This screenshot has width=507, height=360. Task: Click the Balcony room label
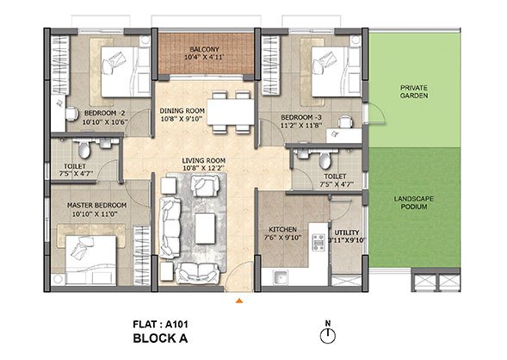click(204, 49)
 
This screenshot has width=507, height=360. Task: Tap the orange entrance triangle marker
click(239, 301)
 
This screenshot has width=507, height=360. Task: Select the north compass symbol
click(328, 336)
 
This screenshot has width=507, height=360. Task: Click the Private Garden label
click(414, 91)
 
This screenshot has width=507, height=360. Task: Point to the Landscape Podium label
click(414, 202)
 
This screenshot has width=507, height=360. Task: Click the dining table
click(231, 112)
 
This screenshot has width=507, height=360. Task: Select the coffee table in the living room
click(206, 228)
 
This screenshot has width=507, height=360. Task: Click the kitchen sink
click(281, 277)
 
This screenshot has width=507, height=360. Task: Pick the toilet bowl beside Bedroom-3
click(325, 160)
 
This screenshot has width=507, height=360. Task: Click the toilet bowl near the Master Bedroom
click(84, 150)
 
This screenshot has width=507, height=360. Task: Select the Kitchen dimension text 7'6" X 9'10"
click(282, 238)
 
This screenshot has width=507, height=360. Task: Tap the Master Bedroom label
click(96, 205)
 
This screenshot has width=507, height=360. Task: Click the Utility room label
click(347, 233)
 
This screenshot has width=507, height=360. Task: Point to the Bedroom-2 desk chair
click(71, 114)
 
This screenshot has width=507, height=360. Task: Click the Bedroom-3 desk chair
click(346, 121)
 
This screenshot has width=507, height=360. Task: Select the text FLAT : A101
click(160, 324)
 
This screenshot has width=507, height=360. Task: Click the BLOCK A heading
click(160, 338)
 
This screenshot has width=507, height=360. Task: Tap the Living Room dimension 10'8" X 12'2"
click(204, 168)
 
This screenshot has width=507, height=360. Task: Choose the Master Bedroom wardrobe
click(142, 256)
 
